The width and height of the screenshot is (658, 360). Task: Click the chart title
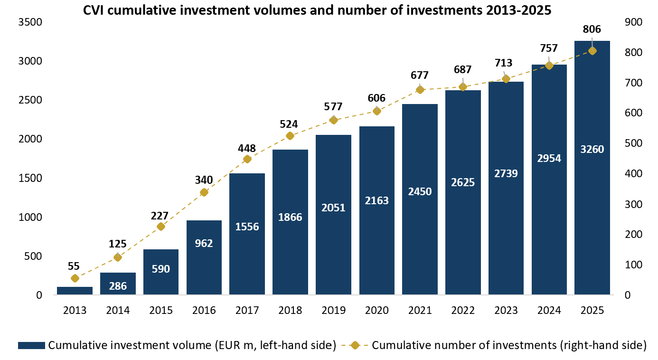point(317,10)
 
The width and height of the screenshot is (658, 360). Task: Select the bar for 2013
point(75,291)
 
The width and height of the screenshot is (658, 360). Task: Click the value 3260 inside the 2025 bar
point(592,150)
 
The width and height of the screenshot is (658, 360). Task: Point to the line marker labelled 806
point(592,51)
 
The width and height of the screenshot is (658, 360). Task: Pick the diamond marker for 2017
point(247,159)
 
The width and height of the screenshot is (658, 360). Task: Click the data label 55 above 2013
point(74,266)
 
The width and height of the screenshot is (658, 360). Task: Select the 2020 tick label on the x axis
point(376,310)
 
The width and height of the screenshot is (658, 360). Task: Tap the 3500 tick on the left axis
point(29,22)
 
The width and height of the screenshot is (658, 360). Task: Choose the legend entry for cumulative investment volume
point(177,345)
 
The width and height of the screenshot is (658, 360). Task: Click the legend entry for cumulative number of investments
point(498,345)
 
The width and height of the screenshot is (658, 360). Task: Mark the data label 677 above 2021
point(420,75)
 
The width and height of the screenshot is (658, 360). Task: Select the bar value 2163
point(376,200)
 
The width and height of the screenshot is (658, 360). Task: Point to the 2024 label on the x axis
point(549,310)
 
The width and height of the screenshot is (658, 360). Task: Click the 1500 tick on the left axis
point(29,178)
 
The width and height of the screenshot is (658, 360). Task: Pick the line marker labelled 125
point(118,257)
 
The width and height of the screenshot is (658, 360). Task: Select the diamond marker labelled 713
point(506,79)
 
